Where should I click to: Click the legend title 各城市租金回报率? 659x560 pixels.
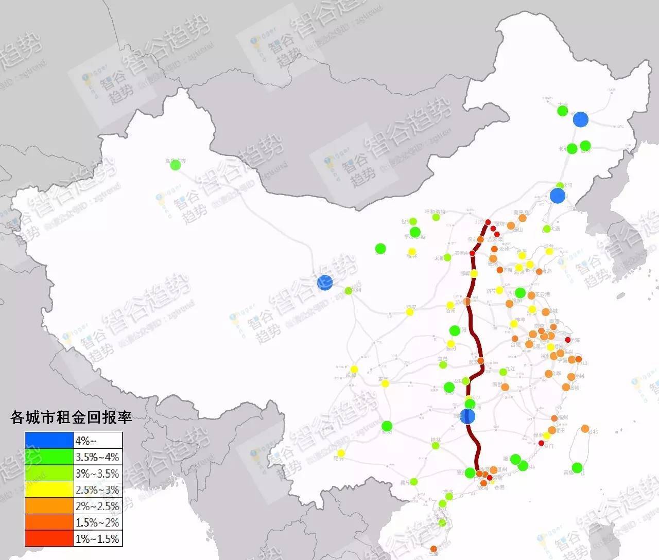[x=71, y=417]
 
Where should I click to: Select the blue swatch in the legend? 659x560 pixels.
[x=49, y=441]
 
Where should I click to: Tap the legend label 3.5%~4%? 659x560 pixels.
[x=97, y=457]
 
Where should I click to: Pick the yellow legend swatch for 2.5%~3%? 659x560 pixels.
[x=49, y=489]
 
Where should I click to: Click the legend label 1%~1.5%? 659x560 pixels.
[x=97, y=539]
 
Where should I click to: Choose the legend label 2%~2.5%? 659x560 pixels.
[x=97, y=506]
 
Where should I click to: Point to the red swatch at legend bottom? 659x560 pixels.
[x=49, y=539]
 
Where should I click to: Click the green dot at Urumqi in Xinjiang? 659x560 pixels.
[x=175, y=165]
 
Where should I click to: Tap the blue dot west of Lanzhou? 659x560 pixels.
[x=325, y=282]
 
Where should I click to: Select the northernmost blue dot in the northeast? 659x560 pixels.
[x=580, y=119]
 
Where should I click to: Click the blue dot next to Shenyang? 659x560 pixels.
[x=557, y=196]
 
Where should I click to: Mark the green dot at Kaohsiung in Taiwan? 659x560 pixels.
[x=577, y=467]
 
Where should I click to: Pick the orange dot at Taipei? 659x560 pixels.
[x=585, y=428]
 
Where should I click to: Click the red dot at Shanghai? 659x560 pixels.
[x=568, y=340]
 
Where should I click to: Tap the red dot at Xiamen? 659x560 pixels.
[x=541, y=443]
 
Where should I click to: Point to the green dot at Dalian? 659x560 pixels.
[x=546, y=229]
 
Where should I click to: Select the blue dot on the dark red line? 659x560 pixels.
[x=467, y=416]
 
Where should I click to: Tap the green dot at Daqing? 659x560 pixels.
[x=562, y=111]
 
